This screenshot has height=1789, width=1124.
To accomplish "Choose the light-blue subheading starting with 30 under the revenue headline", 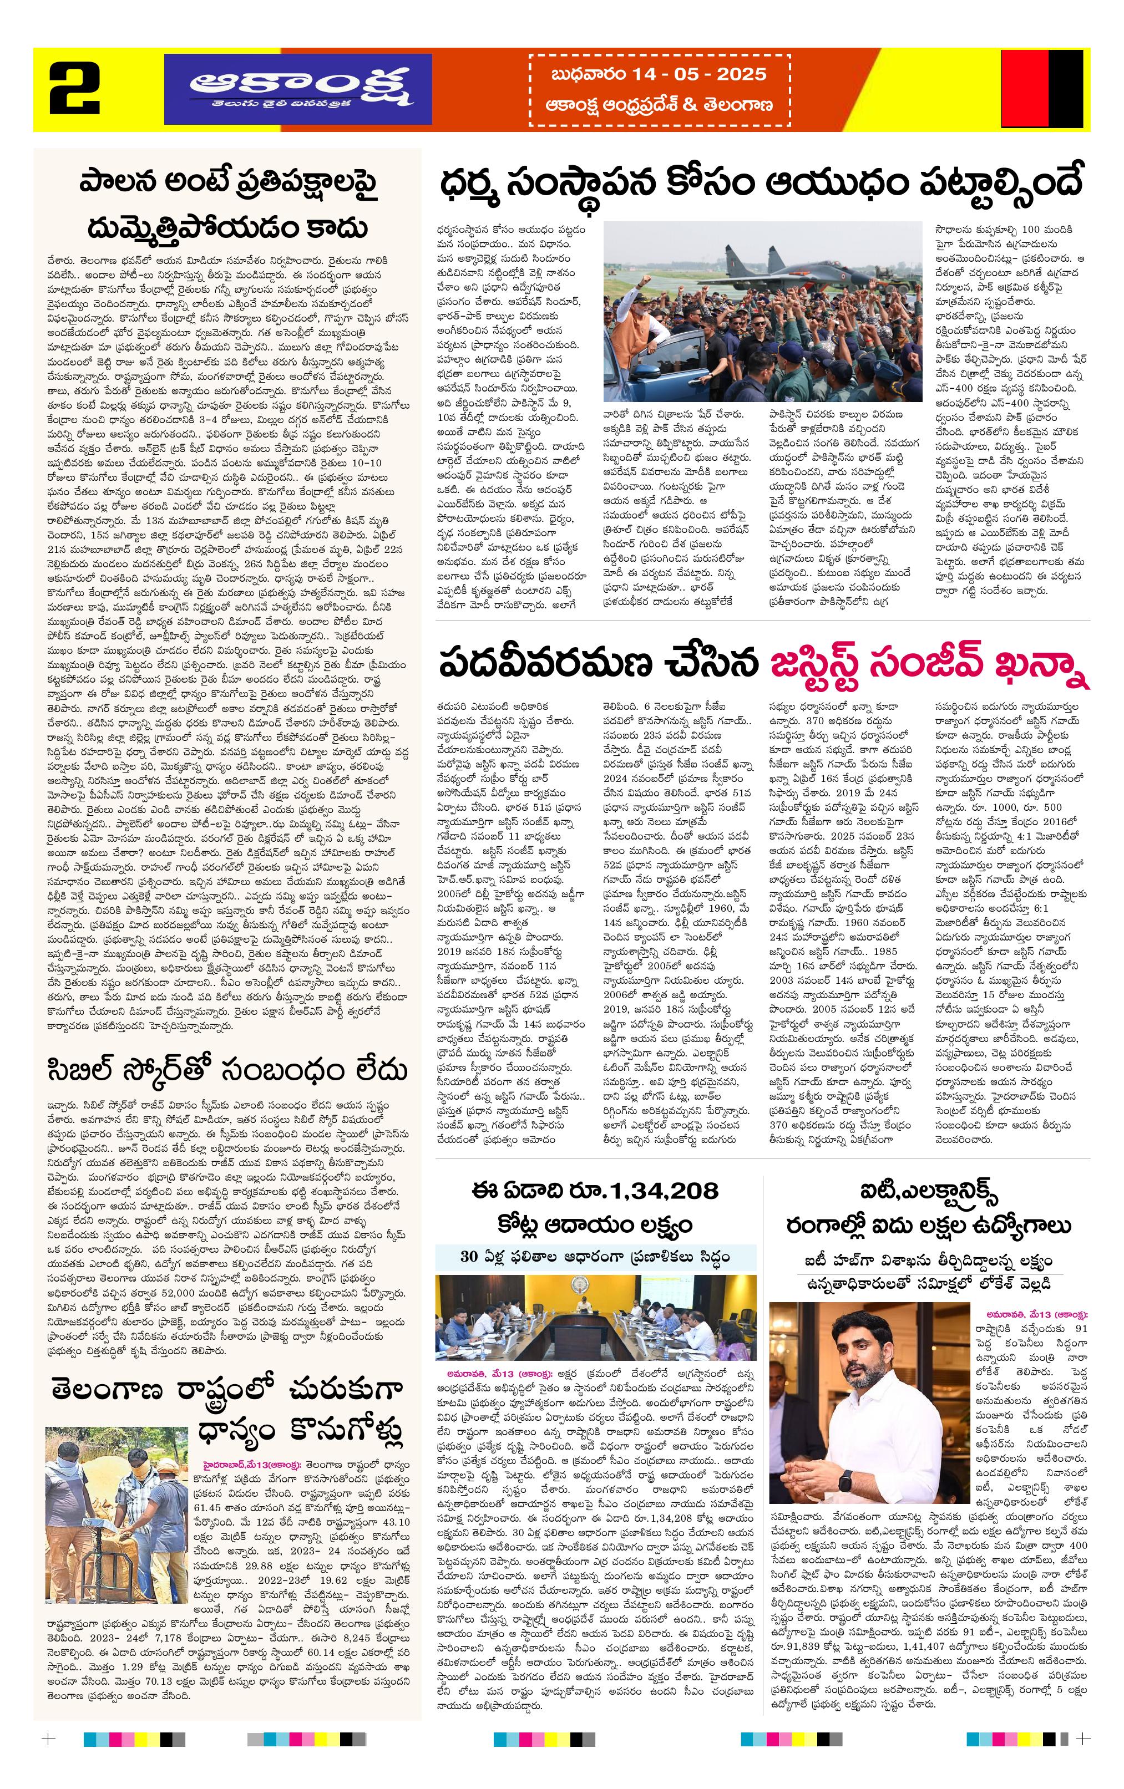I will coord(595,1256).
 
